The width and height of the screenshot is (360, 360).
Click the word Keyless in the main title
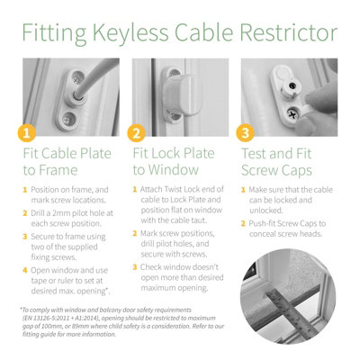coord(134,34)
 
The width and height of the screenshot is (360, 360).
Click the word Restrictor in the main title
coord(285,34)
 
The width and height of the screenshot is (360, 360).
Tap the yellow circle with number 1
coord(27,134)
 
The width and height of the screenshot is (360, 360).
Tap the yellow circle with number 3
coord(243,134)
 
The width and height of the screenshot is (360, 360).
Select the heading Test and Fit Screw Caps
coord(281,161)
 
